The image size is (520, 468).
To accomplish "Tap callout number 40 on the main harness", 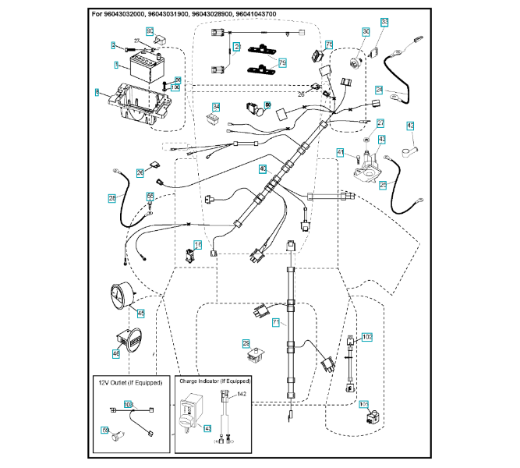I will click(x=263, y=168).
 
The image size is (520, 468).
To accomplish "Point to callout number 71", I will click(x=275, y=321).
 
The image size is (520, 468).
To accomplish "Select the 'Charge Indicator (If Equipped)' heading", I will click(x=215, y=381).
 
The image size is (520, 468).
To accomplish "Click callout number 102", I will click(x=367, y=336).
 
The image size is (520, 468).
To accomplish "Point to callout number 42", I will click(x=411, y=126).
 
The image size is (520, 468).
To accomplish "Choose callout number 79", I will click(x=282, y=62).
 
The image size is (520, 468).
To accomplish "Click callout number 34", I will click(x=216, y=107).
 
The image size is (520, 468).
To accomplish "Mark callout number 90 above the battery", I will click(x=150, y=30).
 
